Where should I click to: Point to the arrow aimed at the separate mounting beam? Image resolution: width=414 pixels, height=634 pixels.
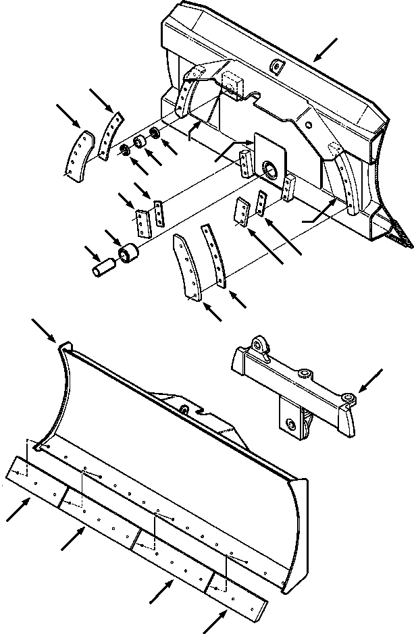pyautogui.click(x=370, y=380)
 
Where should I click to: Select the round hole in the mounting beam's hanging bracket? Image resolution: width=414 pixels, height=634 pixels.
pyautogui.click(x=291, y=423)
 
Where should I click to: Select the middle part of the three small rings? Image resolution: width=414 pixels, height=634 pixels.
pyautogui.click(x=140, y=142)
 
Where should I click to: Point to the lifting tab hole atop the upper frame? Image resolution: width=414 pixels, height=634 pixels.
pyautogui.click(x=276, y=65)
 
